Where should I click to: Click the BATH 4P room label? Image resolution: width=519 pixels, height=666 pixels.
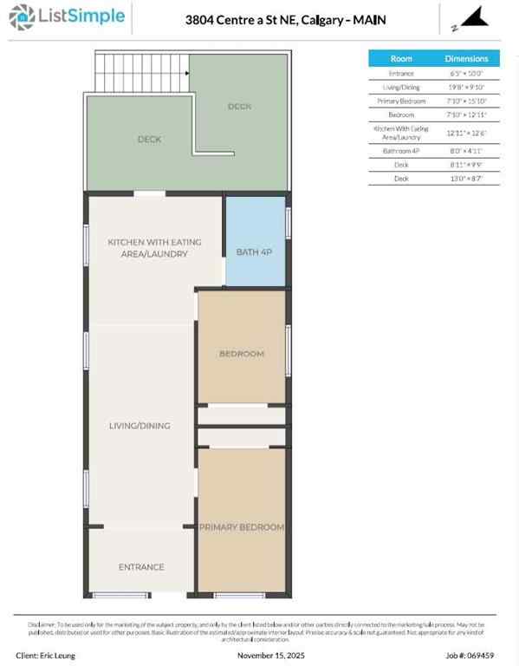point(255,252)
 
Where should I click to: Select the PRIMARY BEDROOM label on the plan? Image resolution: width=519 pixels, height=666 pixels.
point(242,527)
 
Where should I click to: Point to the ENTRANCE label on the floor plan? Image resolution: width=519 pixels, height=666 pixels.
point(141,567)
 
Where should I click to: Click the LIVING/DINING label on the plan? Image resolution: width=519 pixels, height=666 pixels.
point(139,426)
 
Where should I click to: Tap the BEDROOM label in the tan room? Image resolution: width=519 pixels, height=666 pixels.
point(242,354)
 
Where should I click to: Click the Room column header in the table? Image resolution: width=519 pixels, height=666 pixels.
point(401,59)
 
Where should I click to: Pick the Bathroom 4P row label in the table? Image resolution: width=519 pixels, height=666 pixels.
point(401,150)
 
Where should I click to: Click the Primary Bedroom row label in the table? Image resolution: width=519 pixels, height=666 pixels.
point(401,101)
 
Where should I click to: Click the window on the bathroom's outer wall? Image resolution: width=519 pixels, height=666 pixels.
point(288,221)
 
